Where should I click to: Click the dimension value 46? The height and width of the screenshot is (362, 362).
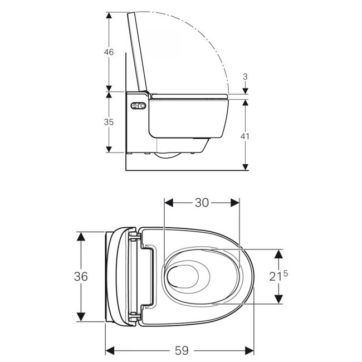tap(109, 52)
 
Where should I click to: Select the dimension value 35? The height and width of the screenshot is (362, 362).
tap(109, 122)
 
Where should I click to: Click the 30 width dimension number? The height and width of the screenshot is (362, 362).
tap(202, 203)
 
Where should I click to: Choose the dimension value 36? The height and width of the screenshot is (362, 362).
tap(81, 276)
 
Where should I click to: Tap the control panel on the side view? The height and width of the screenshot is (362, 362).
tap(138, 106)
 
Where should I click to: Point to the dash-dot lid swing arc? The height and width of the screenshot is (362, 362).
tap(212, 39)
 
